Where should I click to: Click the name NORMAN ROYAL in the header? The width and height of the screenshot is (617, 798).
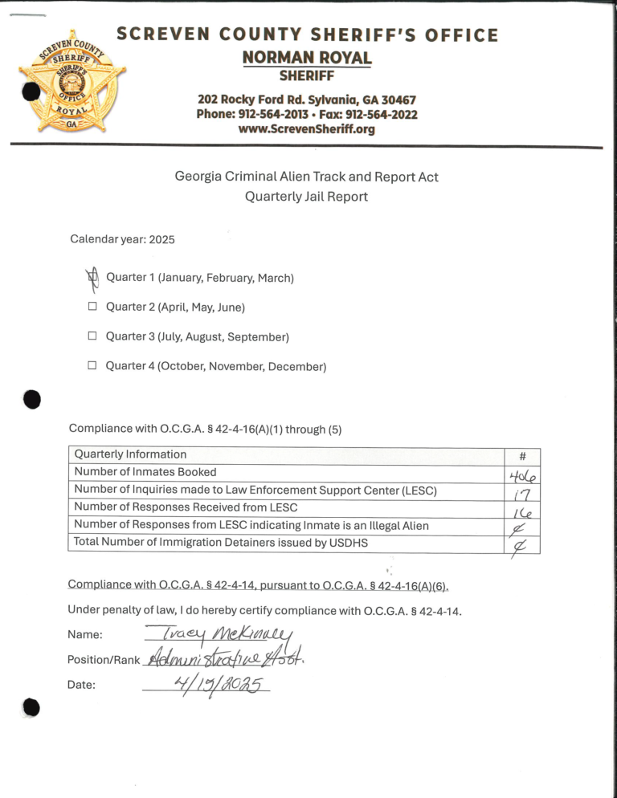click(306, 58)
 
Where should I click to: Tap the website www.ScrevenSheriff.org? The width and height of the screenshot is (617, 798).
click(306, 128)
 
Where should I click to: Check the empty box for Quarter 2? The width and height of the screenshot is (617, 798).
click(92, 307)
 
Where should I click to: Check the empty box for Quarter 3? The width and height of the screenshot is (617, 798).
click(92, 336)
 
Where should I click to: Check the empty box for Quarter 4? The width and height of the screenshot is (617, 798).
click(92, 366)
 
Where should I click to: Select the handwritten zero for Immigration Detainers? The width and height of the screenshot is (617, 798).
click(521, 546)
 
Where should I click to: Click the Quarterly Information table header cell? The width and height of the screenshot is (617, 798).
click(130, 454)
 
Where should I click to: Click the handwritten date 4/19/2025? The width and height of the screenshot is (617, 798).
click(205, 684)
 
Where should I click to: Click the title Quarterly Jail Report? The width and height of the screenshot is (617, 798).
click(306, 197)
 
